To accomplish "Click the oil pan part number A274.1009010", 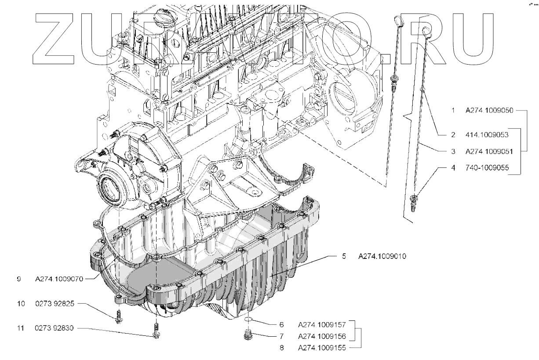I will pos(382,256).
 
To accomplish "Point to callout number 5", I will pos(345,256).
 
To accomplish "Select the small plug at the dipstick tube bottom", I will pos(413,203).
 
